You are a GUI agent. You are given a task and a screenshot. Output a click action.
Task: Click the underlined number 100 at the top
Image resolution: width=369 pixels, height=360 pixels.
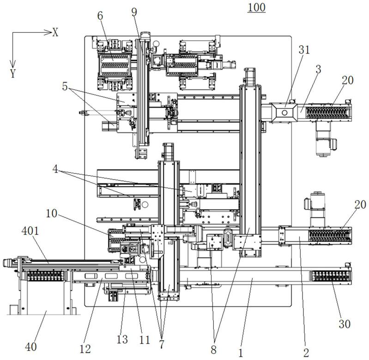tap(256, 7)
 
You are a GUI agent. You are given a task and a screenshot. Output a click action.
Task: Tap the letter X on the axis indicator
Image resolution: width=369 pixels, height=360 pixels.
tap(55, 32)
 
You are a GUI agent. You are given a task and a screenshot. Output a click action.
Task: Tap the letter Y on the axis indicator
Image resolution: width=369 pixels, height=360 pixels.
tap(13, 73)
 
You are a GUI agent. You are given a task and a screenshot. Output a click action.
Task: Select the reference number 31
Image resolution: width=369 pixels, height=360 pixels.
tap(304, 50)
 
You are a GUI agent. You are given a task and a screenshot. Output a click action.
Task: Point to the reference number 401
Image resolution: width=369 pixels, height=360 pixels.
tap(30, 231)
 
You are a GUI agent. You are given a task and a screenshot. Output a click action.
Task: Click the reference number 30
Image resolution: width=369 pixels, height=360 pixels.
tap(345, 324)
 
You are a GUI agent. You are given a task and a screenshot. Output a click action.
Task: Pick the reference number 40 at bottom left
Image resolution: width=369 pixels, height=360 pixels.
tap(31, 347)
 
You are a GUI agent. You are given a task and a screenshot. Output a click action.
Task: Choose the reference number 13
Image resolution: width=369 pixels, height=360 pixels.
tap(122, 339)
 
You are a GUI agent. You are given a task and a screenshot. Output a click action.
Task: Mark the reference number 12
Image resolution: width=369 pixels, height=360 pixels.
tap(85, 349)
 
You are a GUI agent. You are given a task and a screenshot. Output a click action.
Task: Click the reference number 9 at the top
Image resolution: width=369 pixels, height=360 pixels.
tap(134, 12)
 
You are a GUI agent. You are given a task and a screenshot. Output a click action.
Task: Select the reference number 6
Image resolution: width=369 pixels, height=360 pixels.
tap(100, 16)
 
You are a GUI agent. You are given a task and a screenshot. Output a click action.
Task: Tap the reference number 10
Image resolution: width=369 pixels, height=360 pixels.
tap(52, 214)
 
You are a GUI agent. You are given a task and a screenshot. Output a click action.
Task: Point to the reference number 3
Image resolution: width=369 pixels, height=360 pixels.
tap(318, 69)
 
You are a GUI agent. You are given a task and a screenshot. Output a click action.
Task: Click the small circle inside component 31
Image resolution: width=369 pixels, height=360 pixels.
tap(284, 113)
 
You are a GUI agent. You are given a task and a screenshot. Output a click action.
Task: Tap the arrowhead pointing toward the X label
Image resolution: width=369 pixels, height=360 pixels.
tap(48, 32)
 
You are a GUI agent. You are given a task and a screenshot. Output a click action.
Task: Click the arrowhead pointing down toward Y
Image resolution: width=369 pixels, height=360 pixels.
tap(12, 64)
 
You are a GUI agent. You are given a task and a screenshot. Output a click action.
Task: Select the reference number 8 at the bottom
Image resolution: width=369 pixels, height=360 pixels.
tap(213, 350)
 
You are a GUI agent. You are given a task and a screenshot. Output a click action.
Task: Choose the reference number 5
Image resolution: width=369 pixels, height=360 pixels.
tap(65, 86)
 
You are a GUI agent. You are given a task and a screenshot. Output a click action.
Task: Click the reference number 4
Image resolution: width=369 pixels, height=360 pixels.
tap(55, 169)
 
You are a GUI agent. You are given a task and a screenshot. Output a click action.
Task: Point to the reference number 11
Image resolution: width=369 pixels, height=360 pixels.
tap(144, 340)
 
